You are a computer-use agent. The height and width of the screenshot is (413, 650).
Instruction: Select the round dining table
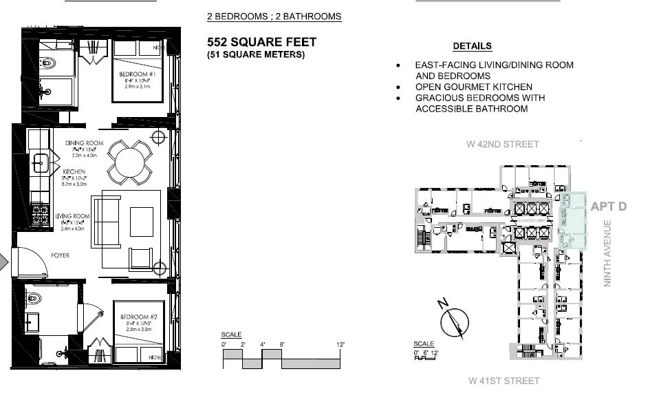pos(129,162)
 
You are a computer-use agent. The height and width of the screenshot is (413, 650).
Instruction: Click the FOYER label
pos(61,255)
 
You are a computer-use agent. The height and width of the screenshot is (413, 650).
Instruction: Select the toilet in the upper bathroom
pos(48,63)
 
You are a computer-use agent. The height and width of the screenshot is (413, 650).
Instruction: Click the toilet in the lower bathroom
pos(34,299)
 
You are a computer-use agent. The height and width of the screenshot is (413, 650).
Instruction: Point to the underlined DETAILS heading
pos(472,46)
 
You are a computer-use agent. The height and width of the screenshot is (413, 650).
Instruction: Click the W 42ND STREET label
pos(502,145)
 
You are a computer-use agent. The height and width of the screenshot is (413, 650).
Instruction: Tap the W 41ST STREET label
pos(503,381)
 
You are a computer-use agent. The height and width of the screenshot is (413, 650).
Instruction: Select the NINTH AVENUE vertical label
pos(607,253)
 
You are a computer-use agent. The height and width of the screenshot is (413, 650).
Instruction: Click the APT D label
pos(608,206)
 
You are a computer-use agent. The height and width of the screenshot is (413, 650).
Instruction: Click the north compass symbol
pos(454,321)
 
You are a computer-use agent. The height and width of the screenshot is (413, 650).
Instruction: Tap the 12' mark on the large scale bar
pos(340,344)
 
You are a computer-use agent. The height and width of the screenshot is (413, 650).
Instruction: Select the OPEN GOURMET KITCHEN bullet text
pos(473,87)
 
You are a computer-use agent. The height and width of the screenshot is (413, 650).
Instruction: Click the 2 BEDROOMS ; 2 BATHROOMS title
pos(274,17)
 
